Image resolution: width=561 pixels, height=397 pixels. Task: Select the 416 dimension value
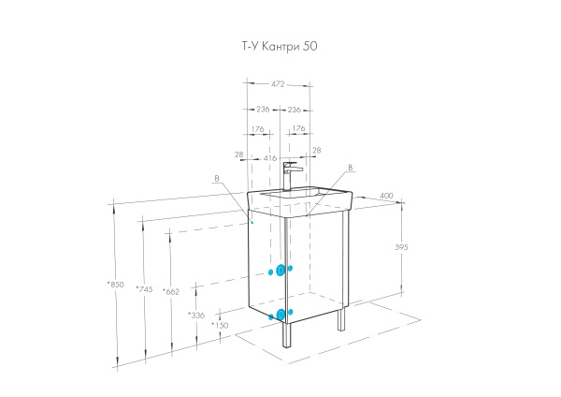[269, 159]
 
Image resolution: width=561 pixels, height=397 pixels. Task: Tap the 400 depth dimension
[386, 196]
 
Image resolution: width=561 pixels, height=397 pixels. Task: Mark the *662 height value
[170, 291]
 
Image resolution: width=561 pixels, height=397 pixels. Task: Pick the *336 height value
[196, 316]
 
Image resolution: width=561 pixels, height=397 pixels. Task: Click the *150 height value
[220, 326]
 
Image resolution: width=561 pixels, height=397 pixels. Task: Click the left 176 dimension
[257, 129]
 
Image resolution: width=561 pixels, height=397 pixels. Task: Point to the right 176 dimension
[299, 129]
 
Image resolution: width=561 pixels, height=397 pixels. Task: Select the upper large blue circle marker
[280, 270]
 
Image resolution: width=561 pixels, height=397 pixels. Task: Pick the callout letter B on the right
[349, 169]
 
